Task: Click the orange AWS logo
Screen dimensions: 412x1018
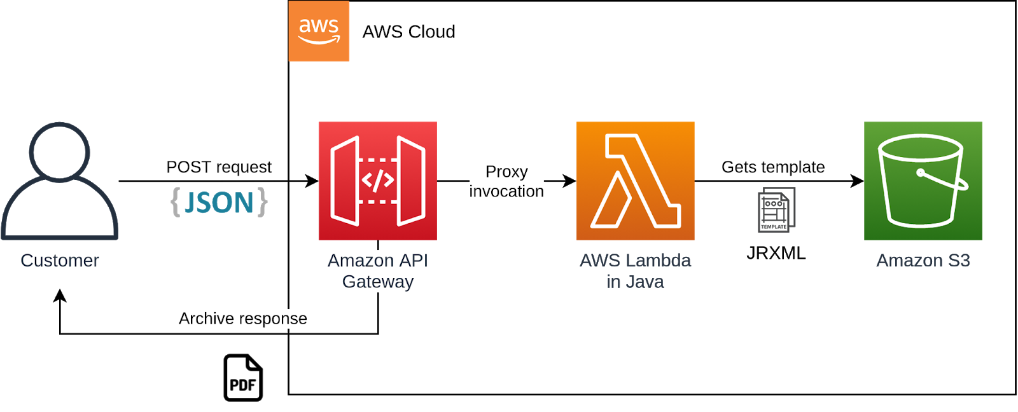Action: pos(319,31)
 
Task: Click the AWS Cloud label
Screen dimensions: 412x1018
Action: pos(408,32)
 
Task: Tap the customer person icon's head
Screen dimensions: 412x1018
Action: pos(59,151)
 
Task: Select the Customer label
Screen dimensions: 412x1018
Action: pos(60,261)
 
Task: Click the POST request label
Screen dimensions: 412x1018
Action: pos(219,167)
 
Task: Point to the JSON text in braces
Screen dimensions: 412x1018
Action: pos(220,202)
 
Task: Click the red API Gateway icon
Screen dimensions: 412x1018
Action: pos(377,181)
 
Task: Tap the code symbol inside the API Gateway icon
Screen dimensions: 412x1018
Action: pos(377,181)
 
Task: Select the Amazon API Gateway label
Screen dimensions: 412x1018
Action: pos(378,271)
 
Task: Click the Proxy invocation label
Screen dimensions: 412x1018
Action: pos(506,181)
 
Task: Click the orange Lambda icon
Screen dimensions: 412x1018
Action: pos(635,181)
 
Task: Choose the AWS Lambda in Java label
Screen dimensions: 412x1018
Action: pos(636,271)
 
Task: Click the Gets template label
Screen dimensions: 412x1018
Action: pos(773,167)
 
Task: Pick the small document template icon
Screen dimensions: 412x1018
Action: pos(776,210)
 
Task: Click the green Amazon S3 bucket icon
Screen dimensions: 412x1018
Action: pos(923,181)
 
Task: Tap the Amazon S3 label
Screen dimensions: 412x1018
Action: pos(923,261)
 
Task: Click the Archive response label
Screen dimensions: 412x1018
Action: pos(243,319)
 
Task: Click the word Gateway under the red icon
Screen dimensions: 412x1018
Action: pos(378,282)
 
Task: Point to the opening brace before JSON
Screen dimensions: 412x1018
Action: pos(176,202)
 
